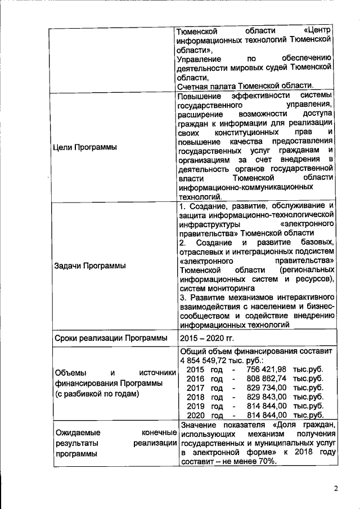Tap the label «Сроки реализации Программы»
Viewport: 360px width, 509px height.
111,338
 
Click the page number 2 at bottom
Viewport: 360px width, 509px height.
336,488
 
